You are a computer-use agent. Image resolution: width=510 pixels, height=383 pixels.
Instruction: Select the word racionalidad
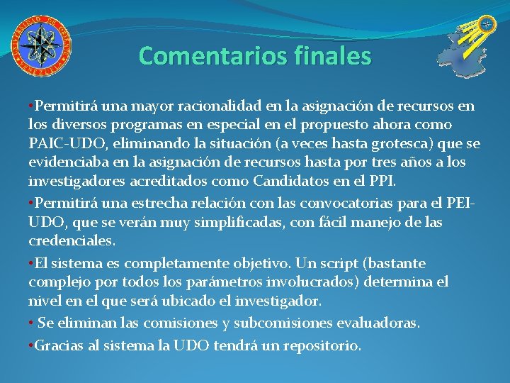click(221, 107)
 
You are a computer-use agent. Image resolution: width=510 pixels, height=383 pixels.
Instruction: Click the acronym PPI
click(380, 181)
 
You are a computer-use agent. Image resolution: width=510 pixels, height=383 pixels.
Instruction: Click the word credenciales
click(71, 241)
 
